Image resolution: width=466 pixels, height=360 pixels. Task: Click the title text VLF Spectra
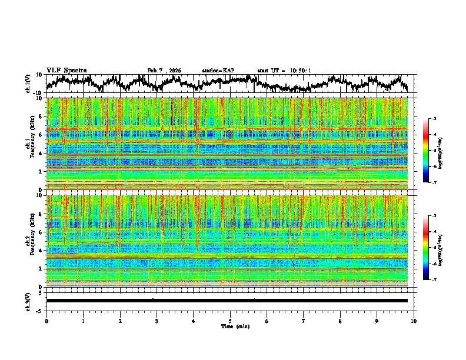(66, 71)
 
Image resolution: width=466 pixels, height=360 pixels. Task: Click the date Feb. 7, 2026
(164, 71)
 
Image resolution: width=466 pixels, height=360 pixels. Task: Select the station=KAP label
(218, 71)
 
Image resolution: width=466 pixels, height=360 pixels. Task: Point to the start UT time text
(284, 71)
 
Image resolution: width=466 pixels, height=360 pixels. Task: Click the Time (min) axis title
(230, 326)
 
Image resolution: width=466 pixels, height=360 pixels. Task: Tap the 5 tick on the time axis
(230, 321)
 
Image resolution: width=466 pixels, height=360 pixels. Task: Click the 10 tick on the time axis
(414, 321)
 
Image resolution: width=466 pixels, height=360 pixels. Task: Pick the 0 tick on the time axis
(46, 321)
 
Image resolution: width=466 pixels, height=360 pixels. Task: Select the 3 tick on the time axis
(157, 321)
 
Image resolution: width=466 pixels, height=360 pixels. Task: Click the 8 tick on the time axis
(340, 321)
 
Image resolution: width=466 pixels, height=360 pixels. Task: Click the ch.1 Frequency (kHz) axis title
(29, 144)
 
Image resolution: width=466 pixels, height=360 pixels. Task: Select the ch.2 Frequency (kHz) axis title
(29, 241)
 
